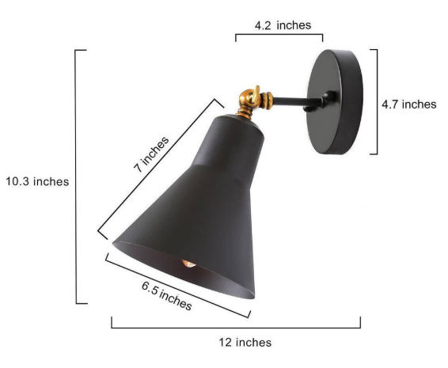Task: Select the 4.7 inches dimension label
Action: click(x=409, y=104)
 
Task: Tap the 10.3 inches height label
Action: click(x=36, y=181)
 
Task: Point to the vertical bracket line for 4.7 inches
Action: click(x=376, y=101)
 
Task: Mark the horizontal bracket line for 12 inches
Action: click(x=235, y=326)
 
